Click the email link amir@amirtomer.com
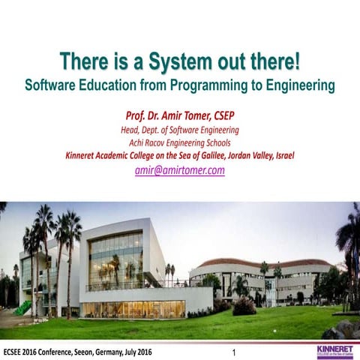coord(180,170)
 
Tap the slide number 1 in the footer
coord(234,352)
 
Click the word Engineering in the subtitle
coord(297,85)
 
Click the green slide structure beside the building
coord(22,307)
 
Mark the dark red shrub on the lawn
coord(244,306)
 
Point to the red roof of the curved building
coord(262,262)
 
